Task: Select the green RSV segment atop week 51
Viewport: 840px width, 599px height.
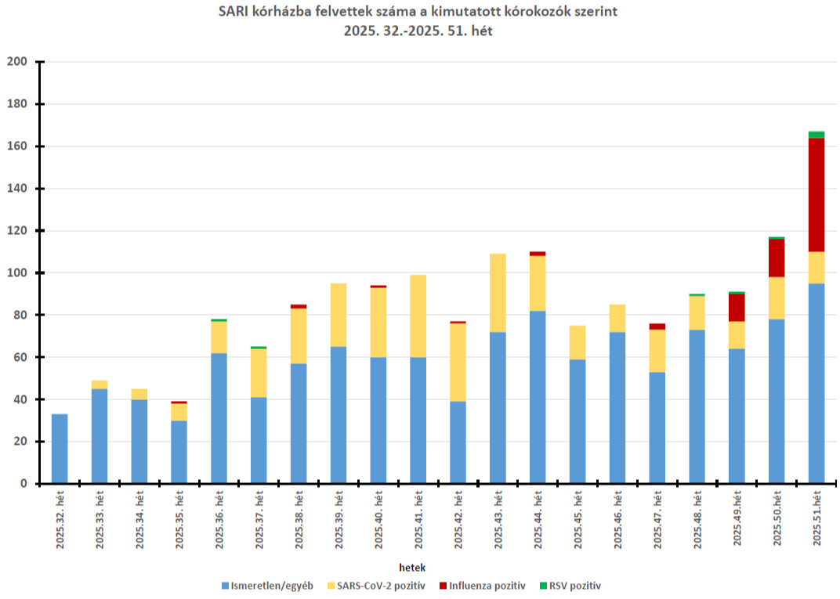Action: (816, 135)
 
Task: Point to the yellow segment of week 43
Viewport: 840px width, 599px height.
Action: (498, 293)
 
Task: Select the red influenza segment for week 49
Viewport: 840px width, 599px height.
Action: (737, 308)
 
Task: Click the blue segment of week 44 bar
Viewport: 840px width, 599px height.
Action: (538, 397)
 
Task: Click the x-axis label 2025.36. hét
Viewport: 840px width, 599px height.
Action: (219, 519)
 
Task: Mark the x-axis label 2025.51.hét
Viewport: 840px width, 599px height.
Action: (816, 519)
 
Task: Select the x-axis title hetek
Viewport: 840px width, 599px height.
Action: (412, 566)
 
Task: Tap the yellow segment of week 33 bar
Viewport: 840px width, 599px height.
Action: (100, 384)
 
